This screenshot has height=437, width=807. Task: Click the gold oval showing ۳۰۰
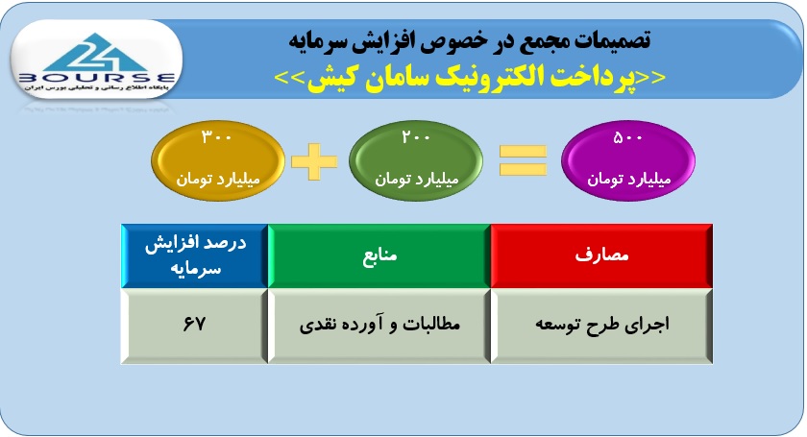[218, 160]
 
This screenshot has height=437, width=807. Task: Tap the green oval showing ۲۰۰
[416, 160]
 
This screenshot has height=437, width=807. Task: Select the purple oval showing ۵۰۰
[628, 160]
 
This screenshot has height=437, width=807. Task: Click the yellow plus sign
[314, 161]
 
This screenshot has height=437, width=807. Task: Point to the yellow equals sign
[523, 160]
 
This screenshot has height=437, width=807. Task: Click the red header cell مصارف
[601, 255]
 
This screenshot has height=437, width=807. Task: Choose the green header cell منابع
[379, 255]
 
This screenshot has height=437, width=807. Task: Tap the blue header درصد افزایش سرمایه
[194, 255]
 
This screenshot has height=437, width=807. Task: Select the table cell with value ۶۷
[194, 326]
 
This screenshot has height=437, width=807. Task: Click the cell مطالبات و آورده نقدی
[379, 326]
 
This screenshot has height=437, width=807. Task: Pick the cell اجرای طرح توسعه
[601, 326]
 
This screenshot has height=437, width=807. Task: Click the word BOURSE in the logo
[97, 78]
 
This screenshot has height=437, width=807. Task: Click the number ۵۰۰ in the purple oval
[628, 137]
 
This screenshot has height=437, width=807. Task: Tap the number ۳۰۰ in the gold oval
[217, 137]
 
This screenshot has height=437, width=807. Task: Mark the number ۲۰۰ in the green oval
[416, 137]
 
